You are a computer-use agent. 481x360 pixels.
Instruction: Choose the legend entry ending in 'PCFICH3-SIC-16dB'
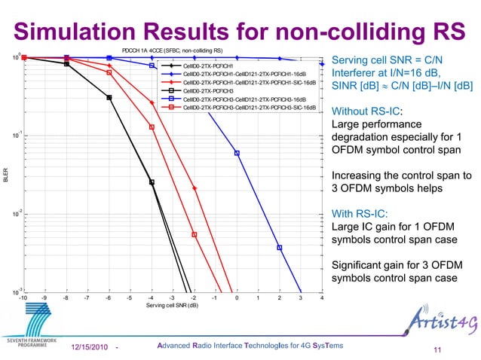pyautogui.click(x=249, y=107)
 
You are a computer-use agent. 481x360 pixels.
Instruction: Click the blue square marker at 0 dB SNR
pyautogui.click(x=237, y=153)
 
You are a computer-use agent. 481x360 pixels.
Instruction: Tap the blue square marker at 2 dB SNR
pyautogui.click(x=280, y=247)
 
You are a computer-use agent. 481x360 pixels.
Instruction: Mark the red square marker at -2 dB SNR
pyautogui.click(x=194, y=235)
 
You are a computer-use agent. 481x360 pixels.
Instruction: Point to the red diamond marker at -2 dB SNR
pyautogui.click(x=195, y=188)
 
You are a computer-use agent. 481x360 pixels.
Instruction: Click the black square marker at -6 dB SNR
pyautogui.click(x=109, y=97)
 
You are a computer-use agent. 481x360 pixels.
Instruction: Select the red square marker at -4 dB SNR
pyautogui.click(x=152, y=127)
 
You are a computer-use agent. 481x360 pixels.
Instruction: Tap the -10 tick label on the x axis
pyautogui.click(x=23, y=298)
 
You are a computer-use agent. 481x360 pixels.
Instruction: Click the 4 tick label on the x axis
pyautogui.click(x=322, y=298)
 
